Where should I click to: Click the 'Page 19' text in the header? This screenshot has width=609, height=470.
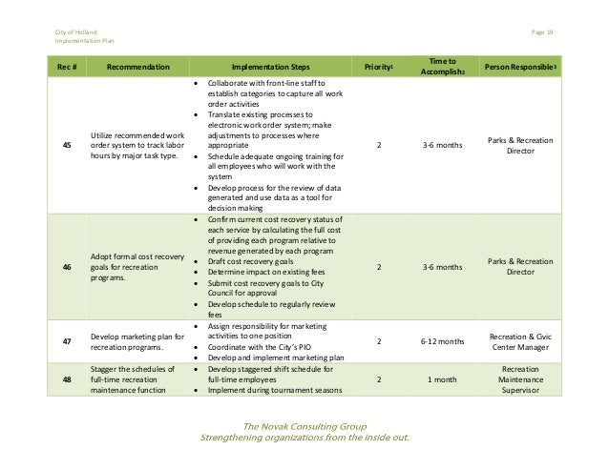pos(542,33)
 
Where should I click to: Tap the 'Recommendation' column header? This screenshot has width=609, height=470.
pos(138,68)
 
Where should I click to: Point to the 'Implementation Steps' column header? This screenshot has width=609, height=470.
pos(270,68)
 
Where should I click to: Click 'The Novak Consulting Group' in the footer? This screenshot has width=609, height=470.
pos(302,425)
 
